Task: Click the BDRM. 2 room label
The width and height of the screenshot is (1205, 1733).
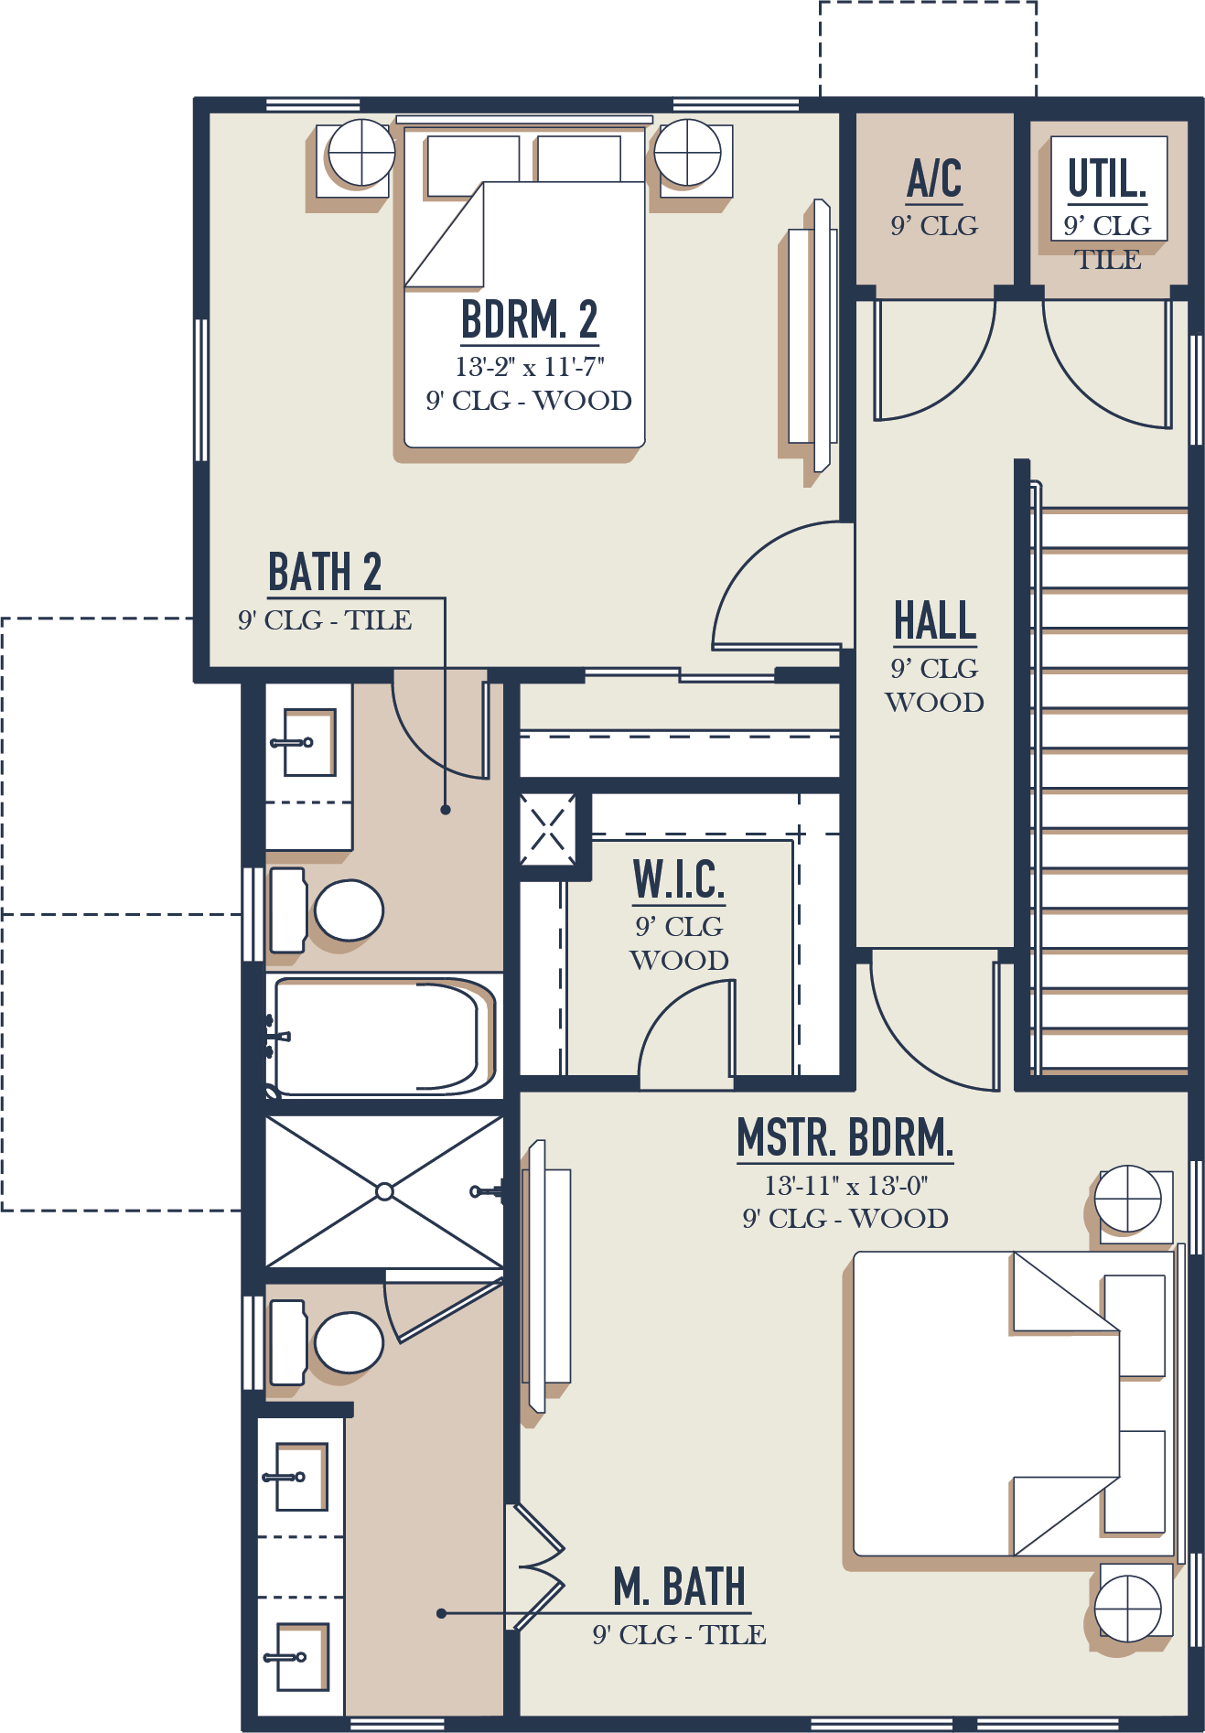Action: pos(529,320)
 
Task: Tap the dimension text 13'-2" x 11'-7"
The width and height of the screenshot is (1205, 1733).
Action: pos(529,368)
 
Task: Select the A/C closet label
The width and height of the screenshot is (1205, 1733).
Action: pos(934,178)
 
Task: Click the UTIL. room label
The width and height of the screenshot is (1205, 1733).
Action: pos(1107,178)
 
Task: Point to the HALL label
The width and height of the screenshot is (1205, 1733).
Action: pos(934,621)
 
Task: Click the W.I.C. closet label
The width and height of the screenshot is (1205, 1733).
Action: pos(679,880)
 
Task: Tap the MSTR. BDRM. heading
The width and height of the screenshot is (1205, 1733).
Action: pos(845,1138)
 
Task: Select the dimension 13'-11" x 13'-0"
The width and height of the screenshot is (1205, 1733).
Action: pos(845,1186)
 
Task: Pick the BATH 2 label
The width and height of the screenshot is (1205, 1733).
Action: pos(324,573)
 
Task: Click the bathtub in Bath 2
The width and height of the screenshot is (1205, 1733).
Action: pos(380,1037)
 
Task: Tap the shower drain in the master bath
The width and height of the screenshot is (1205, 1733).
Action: pos(384,1191)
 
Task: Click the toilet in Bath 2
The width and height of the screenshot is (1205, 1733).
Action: pos(346,910)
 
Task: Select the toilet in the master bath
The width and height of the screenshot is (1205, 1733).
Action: pos(346,1342)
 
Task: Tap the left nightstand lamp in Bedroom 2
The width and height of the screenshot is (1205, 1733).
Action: pos(361,152)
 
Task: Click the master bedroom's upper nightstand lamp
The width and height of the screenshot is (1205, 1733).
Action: pos(1128,1199)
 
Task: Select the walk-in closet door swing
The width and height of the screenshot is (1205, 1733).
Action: pos(686,1029)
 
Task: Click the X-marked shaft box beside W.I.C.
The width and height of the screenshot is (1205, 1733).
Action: pos(547,830)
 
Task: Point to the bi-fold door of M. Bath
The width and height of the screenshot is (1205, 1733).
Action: pos(538,1567)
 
